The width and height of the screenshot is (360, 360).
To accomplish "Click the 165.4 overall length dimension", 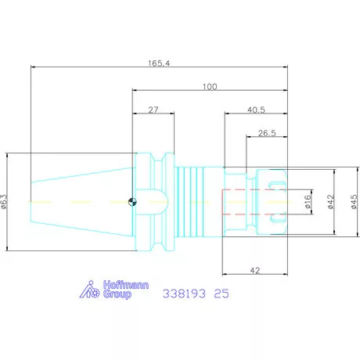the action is tap(159, 63).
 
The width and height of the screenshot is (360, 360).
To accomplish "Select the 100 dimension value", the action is tap(210, 87).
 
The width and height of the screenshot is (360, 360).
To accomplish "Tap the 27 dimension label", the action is tap(153, 110).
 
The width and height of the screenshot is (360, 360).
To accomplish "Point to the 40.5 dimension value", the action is tap(256, 110).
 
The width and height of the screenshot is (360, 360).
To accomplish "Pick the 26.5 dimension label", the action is tap(267, 133).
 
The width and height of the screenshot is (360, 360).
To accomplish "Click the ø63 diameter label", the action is tap(5, 202).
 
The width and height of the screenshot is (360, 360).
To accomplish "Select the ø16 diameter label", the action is tap(308, 201).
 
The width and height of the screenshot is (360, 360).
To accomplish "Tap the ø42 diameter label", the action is tap(331, 202).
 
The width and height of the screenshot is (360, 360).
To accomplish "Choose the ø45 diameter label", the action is tap(354, 202).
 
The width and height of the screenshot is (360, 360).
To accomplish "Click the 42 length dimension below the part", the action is tap(255, 271).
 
